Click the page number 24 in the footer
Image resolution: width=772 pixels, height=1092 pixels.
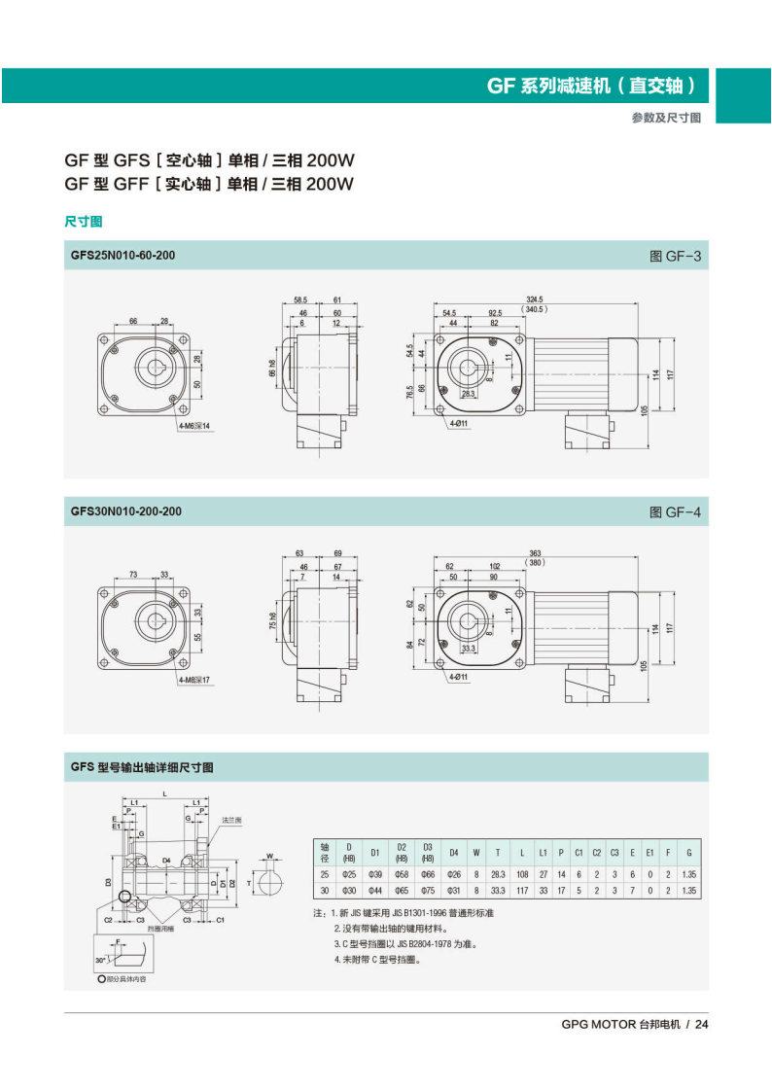[x=702, y=1024]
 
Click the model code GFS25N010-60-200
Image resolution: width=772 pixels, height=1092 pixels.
[x=123, y=256]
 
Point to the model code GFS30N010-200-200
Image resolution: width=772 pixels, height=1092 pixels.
[x=125, y=511]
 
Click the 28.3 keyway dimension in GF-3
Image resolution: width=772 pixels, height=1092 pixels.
[x=469, y=394]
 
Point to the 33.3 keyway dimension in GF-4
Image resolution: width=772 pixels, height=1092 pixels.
[x=469, y=648]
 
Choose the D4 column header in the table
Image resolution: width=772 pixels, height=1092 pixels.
[x=452, y=853]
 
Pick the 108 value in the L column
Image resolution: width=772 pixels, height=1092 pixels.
[x=522, y=873]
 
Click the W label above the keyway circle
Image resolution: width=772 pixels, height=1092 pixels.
[x=269, y=857]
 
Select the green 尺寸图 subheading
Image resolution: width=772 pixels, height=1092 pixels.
[x=84, y=222]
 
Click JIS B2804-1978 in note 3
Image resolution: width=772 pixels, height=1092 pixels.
[x=421, y=943]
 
